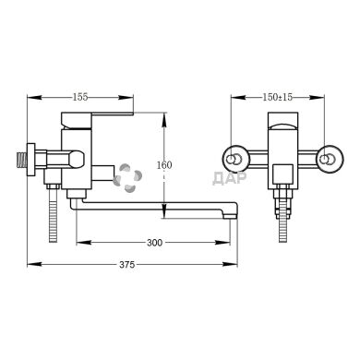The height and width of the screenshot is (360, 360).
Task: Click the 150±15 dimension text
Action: click(x=278, y=95)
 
